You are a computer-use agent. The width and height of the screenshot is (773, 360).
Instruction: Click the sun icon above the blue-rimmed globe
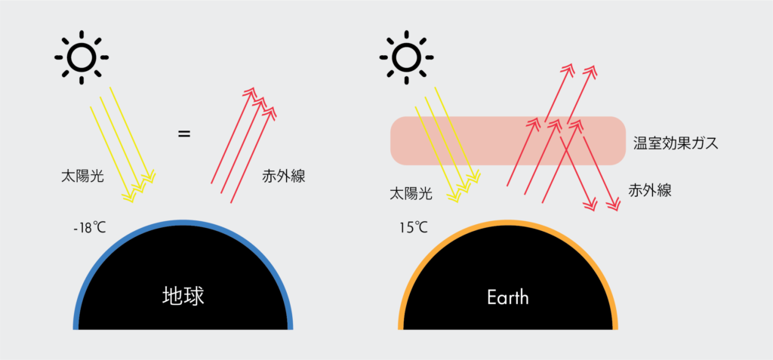[82, 57]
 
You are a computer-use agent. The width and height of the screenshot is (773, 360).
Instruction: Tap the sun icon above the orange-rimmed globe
[406, 57]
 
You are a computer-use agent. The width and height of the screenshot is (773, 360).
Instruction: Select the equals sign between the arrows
[184, 134]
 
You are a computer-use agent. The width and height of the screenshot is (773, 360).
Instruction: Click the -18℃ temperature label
[89, 229]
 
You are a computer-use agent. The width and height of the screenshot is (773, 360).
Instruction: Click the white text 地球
[183, 297]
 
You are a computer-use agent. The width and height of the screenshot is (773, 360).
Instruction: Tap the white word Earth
[508, 297]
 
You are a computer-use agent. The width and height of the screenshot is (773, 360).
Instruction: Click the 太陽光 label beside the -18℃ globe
[82, 177]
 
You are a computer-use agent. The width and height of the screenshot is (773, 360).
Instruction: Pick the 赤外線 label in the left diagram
[284, 177]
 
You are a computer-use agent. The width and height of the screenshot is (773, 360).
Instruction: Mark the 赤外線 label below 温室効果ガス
[650, 190]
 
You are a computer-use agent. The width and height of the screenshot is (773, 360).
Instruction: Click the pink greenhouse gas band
[508, 140]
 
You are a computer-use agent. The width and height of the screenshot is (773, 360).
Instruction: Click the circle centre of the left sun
[82, 57]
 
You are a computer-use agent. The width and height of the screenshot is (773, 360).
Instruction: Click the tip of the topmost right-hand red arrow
[596, 64]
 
